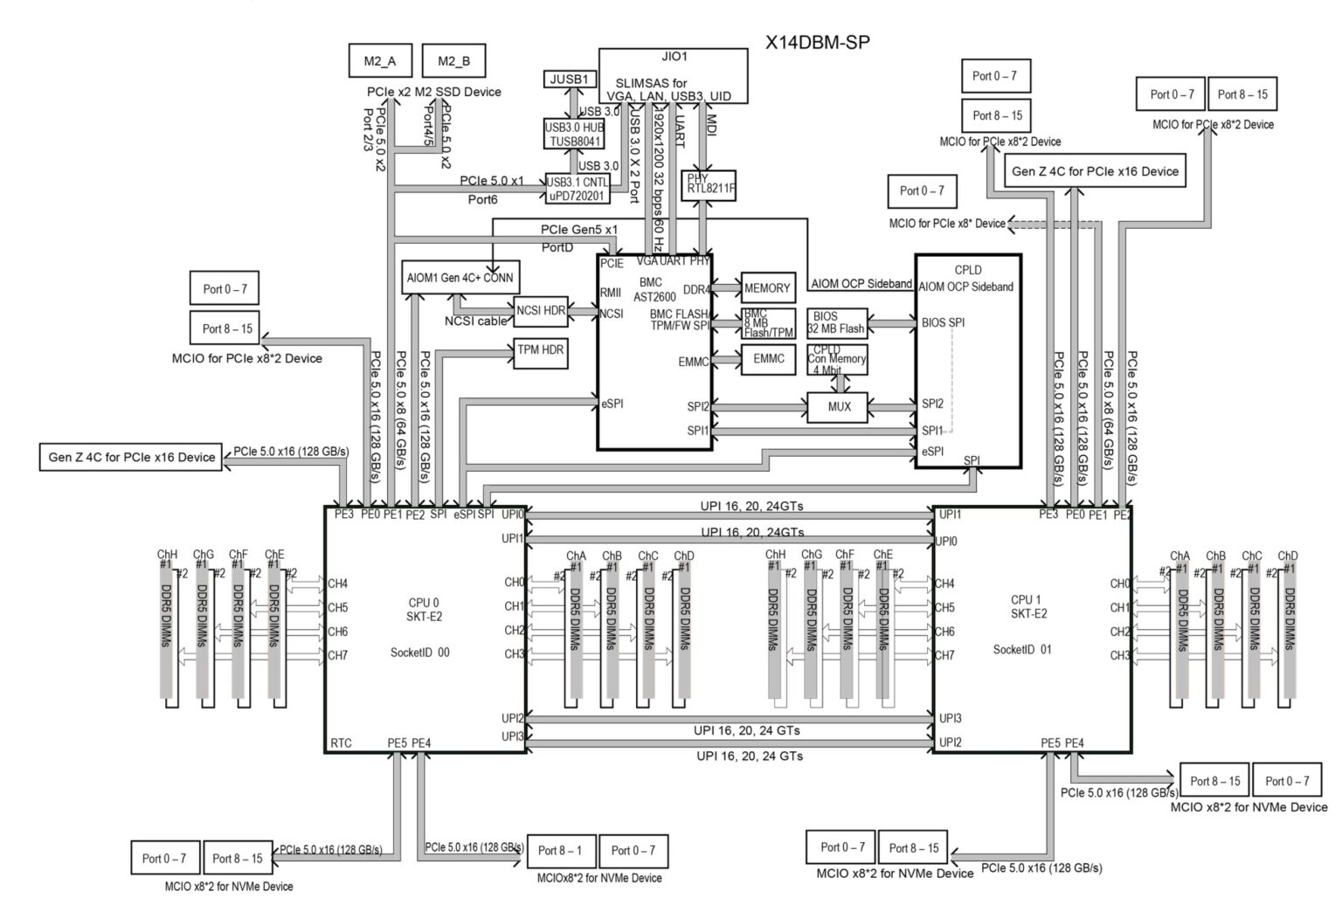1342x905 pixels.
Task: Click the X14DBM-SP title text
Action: pos(817,42)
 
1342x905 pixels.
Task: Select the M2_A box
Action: pos(379,61)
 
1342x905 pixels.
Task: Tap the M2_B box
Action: pos(453,61)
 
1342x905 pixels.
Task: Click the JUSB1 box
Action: pos(569,79)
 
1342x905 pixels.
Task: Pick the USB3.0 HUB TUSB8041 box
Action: pos(575,134)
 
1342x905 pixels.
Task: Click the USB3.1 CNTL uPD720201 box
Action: pos(578,189)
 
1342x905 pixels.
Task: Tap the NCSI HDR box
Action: pos(541,310)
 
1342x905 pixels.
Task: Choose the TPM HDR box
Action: pos(541,350)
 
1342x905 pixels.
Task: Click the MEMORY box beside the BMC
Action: pos(767,288)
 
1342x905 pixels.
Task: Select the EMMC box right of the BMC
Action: pos(768,359)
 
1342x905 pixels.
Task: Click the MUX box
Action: pos(839,406)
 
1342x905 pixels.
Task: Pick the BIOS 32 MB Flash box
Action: pos(836,323)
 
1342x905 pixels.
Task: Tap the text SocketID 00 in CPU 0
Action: pos(420,653)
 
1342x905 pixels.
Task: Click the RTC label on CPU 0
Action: pos(342,743)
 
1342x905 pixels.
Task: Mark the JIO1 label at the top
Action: pos(674,57)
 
